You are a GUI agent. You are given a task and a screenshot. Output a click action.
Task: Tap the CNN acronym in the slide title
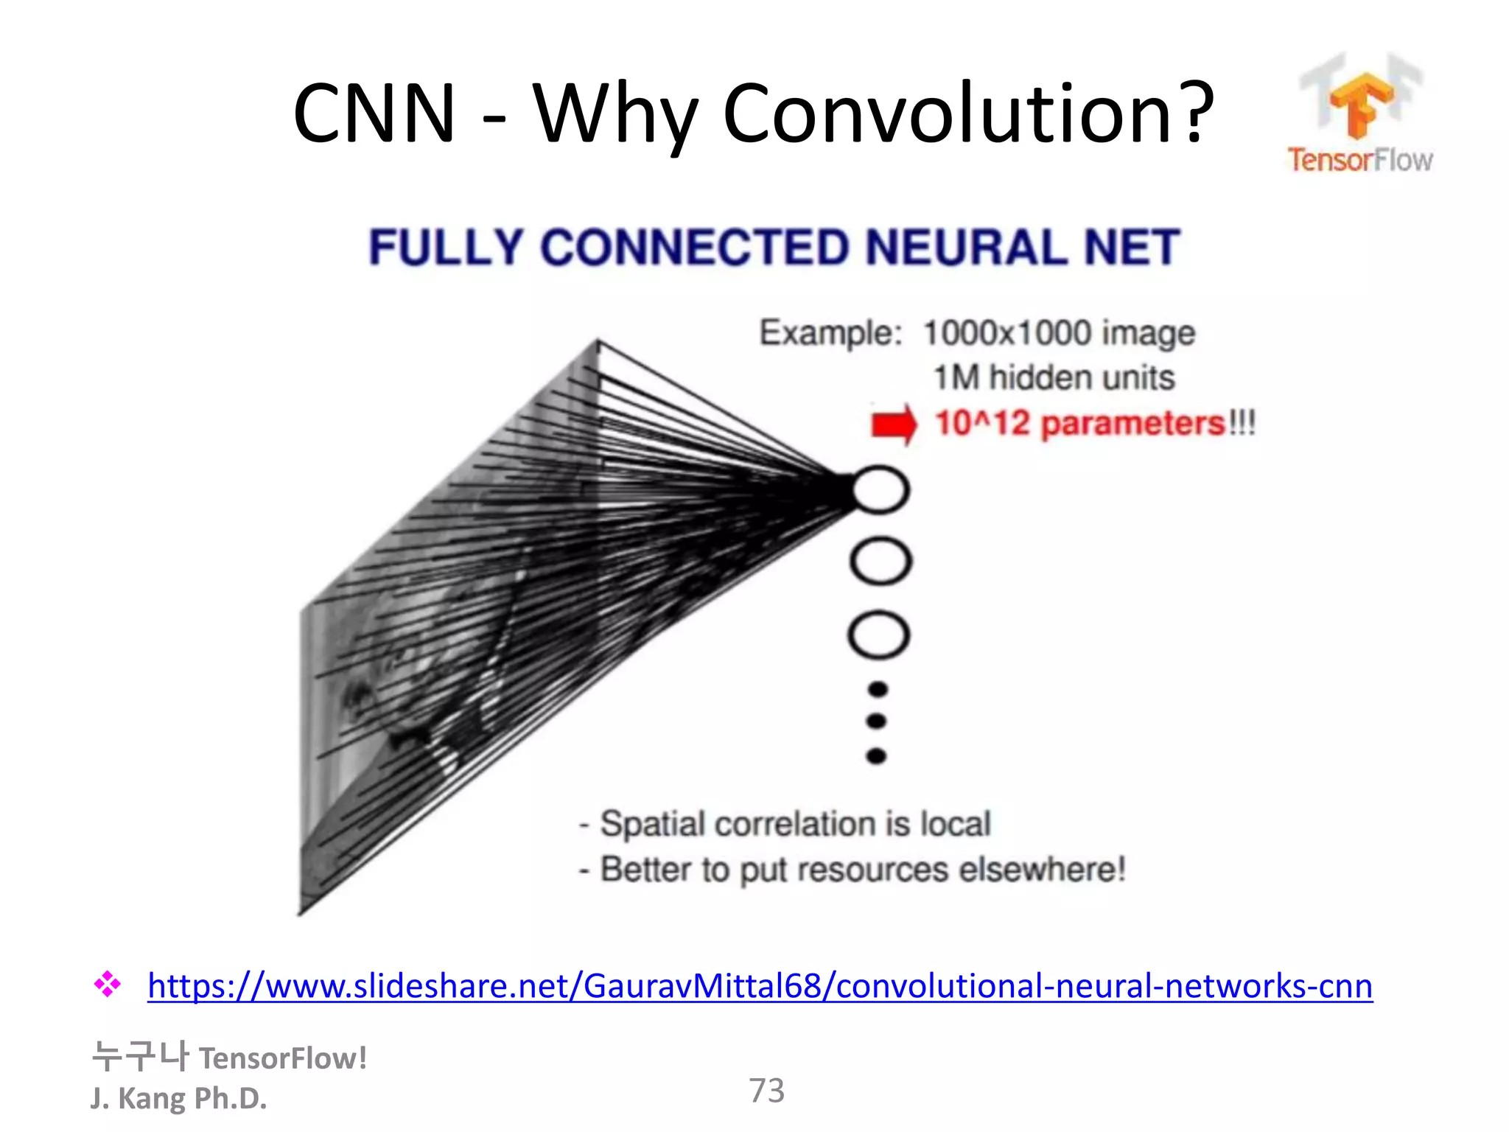(374, 114)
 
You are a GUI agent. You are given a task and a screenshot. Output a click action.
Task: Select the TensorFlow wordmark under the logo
(1360, 160)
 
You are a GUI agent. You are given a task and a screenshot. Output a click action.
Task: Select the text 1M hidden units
(1054, 378)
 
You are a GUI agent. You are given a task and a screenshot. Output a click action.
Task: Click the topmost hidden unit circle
(880, 490)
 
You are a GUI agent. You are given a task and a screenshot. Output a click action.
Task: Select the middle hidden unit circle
(880, 562)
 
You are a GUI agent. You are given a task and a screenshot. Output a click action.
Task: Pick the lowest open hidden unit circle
(879, 635)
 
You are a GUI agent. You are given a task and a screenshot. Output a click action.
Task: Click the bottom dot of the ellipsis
(877, 756)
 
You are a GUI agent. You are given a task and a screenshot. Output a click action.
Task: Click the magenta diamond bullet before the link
(108, 985)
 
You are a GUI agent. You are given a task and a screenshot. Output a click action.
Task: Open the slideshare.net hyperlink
(760, 986)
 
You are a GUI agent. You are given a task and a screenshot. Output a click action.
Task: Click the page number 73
(766, 1091)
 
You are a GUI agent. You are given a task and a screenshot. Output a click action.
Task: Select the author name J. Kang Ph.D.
(178, 1098)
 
